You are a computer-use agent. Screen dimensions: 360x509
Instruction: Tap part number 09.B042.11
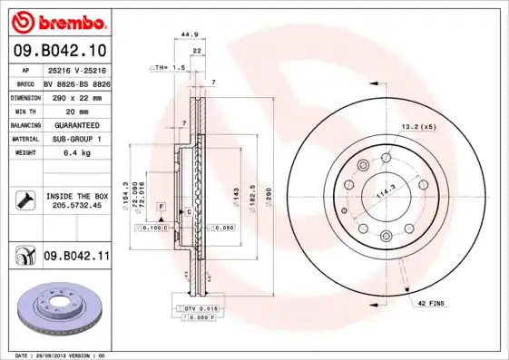tap(76, 257)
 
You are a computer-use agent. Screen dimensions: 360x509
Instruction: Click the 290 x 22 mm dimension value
tap(76, 96)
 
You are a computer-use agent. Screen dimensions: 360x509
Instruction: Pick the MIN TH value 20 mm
tap(76, 110)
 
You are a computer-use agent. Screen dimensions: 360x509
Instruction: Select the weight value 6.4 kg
tap(76, 153)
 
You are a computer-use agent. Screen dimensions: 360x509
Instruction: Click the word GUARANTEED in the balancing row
tap(76, 124)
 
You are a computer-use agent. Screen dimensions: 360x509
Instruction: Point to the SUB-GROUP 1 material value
tap(76, 139)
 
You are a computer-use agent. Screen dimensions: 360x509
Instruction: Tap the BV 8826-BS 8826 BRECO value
tap(77, 83)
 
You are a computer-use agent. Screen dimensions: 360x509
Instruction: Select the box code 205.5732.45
tap(77, 206)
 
